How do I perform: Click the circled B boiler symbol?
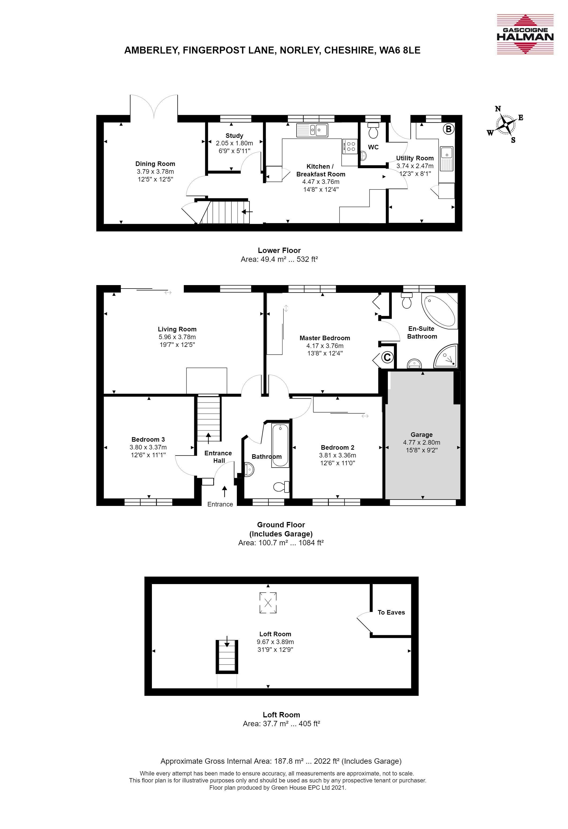pos(449,129)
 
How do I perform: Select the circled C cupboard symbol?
pos(387,357)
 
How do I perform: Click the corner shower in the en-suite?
pos(446,356)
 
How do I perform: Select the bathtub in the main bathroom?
pos(280,445)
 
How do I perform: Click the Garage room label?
pos(422,434)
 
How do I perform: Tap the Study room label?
pos(234,135)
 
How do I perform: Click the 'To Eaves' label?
pos(391,612)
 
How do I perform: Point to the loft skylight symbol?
pos(268,603)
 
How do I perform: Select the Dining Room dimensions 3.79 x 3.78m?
pos(155,172)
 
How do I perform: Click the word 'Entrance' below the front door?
pos(220,504)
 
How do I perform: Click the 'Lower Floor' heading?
pos(279,250)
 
